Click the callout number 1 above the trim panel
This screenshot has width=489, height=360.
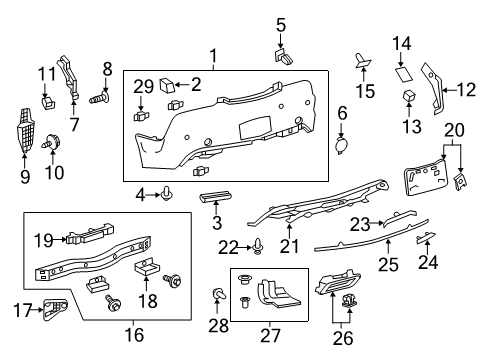point(212,54)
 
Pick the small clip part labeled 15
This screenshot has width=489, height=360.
point(363,61)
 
